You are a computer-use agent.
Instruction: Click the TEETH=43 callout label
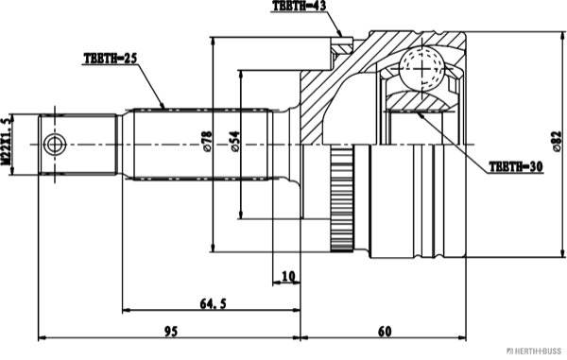299,6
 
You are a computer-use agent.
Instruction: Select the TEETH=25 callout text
111,59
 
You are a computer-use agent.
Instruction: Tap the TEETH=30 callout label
516,166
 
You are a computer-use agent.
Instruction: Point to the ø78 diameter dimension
208,142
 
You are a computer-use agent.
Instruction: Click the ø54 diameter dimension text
234,142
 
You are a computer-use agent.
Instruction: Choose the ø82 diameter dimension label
558,142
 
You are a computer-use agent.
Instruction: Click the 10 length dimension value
288,276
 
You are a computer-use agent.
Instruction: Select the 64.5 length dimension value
213,303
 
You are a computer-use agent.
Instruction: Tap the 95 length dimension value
171,331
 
